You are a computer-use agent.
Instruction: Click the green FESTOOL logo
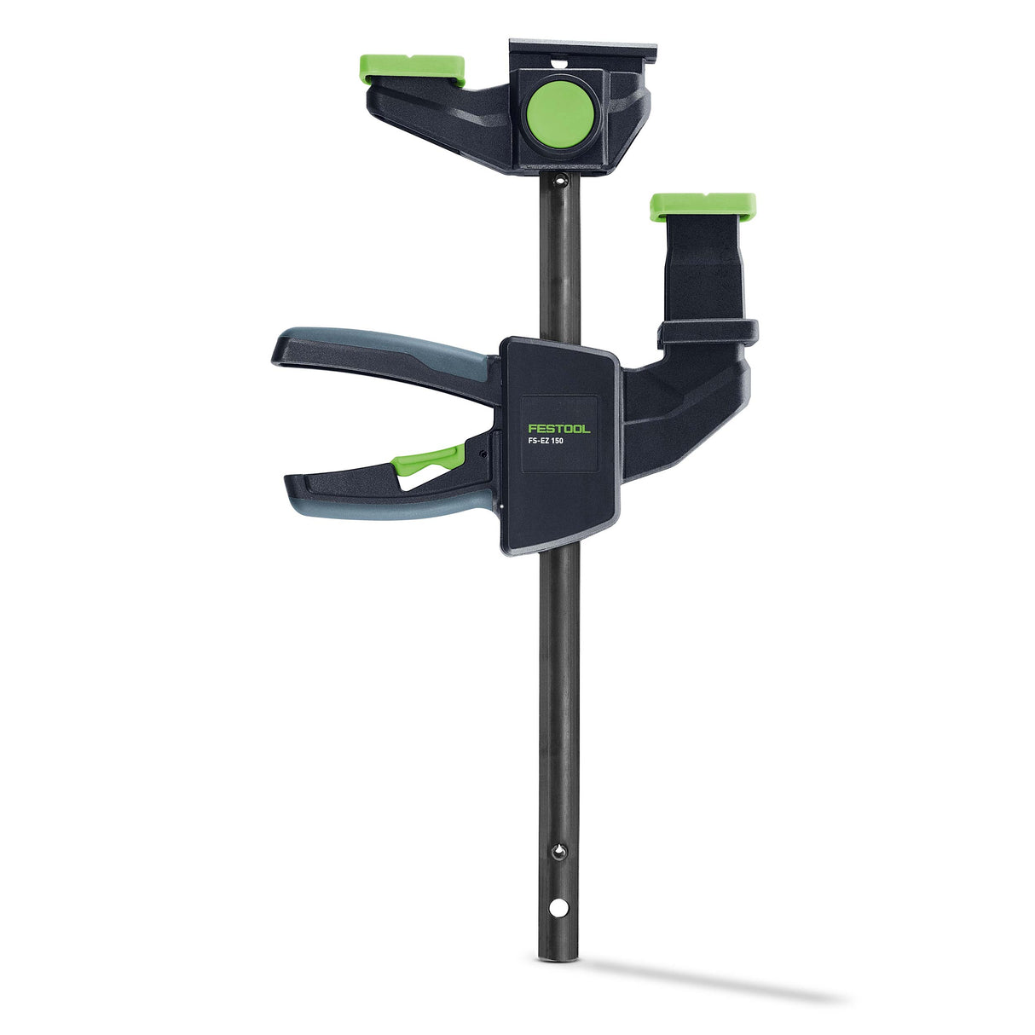[x=558, y=429]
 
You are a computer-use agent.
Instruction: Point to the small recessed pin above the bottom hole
[x=558, y=851]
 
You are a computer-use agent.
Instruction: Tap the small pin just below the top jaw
[x=559, y=180]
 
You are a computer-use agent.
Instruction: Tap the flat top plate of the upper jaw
[x=583, y=48]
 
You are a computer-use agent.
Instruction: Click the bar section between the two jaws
[x=560, y=256]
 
